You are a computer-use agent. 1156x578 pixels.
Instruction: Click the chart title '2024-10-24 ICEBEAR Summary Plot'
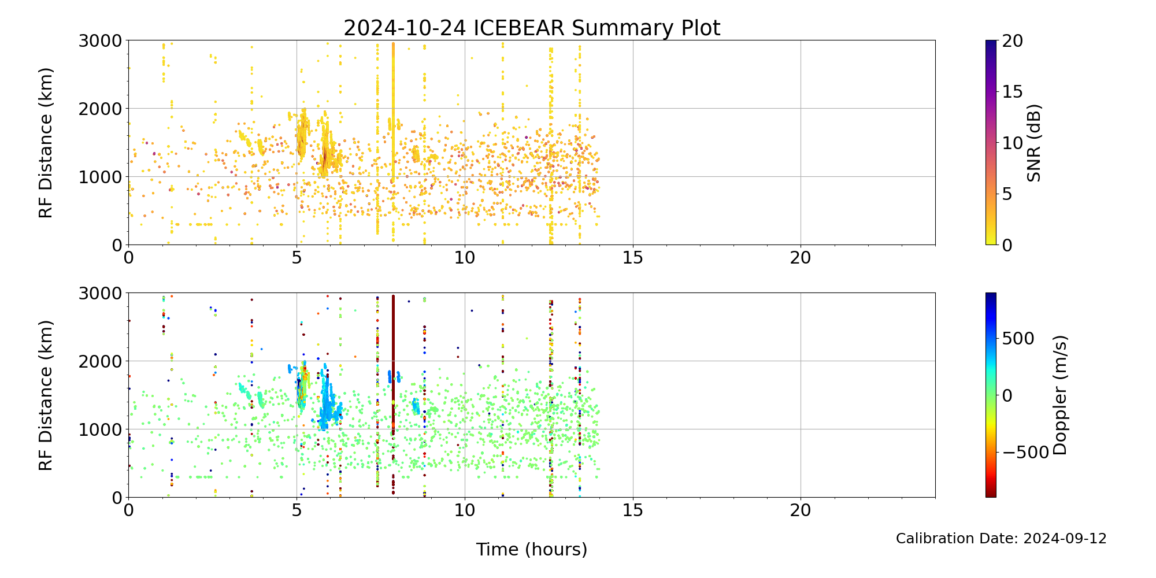[x=532, y=28]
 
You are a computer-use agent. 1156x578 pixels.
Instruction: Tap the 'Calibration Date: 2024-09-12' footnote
[x=1001, y=539]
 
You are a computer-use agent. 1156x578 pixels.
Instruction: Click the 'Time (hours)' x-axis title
[x=532, y=550]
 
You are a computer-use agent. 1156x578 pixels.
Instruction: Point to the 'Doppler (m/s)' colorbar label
[x=1060, y=395]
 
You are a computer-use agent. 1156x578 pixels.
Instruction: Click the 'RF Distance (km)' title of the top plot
[x=46, y=143]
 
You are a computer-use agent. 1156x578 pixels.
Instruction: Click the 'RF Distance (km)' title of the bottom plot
[x=46, y=395]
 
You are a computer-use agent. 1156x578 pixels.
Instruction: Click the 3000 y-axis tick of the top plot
[x=100, y=41]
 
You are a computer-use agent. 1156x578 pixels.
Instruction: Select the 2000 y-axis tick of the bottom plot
[x=100, y=361]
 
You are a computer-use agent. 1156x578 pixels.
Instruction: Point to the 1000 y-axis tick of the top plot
[x=100, y=177]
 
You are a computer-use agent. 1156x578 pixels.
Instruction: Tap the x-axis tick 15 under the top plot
[x=633, y=258]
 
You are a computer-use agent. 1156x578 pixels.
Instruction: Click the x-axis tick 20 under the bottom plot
[x=801, y=510]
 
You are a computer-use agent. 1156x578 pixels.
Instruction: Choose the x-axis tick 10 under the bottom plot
[x=465, y=510]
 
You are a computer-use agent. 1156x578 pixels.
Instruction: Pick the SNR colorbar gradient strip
[x=991, y=143]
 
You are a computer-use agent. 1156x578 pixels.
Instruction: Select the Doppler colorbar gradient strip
[x=991, y=395]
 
